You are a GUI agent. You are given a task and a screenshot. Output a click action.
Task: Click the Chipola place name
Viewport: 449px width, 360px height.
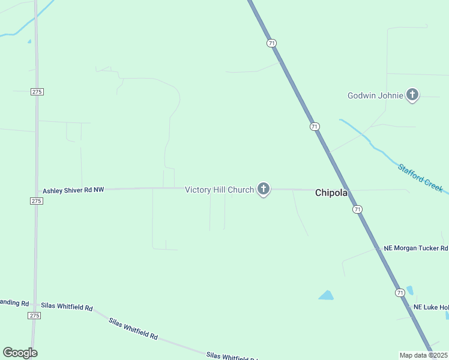(332, 193)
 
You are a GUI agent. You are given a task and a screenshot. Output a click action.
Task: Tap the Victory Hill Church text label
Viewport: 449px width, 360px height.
(219, 190)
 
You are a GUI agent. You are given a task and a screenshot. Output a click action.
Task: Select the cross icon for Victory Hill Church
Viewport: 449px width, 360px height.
(263, 189)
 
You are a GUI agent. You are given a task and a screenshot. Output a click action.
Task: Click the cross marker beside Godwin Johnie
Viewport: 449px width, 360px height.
(412, 95)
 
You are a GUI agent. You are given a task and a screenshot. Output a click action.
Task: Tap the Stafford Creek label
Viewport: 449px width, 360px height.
(420, 178)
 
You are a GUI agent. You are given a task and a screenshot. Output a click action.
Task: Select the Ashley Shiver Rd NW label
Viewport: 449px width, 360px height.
(73, 190)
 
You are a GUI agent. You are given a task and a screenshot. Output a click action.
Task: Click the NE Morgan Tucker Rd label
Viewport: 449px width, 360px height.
(416, 248)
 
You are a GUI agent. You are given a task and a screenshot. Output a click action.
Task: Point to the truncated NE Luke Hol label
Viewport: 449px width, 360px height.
(430, 307)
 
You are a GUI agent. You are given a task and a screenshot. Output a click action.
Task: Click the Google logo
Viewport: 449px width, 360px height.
(20, 353)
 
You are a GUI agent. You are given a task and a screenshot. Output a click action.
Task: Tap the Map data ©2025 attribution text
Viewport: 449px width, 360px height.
(424, 355)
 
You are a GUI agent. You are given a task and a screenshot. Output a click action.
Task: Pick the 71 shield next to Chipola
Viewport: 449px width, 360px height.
(358, 209)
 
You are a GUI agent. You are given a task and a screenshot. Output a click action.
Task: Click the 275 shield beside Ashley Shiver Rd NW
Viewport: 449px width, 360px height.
(36, 201)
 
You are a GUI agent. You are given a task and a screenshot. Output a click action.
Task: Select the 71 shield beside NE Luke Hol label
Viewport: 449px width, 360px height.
(400, 292)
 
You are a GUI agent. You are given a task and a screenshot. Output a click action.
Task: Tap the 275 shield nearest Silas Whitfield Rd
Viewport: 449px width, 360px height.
(34, 315)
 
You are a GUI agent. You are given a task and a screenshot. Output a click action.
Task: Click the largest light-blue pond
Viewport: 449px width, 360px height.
(326, 295)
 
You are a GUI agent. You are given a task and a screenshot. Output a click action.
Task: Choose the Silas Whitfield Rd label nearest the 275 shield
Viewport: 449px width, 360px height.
(67, 307)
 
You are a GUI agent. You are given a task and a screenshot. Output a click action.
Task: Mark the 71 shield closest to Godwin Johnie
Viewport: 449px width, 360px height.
(315, 127)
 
